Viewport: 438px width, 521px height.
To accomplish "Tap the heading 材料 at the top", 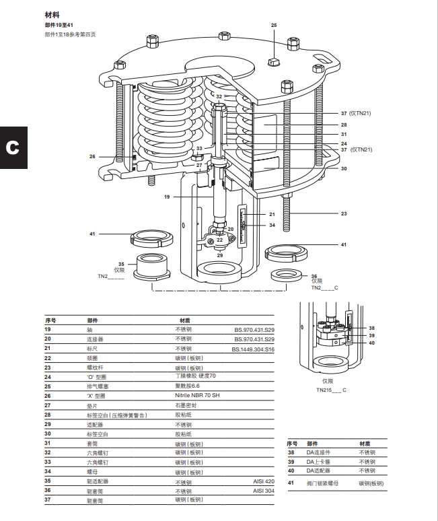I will tap(52, 14).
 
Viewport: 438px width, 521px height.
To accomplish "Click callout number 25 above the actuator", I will tap(274, 25).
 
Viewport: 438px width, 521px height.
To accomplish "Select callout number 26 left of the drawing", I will tap(92, 156).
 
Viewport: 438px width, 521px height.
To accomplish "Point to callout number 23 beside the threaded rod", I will tap(343, 213).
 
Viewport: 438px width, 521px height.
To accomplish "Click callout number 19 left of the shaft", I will tap(167, 197).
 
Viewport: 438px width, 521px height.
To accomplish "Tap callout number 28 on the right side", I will tap(343, 125).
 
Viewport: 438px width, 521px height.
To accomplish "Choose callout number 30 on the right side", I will tap(343, 168).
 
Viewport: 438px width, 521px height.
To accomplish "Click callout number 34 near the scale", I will tap(272, 225).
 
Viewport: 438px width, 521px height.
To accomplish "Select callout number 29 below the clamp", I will tap(219, 256).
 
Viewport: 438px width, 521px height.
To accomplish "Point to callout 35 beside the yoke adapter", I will tap(121, 264).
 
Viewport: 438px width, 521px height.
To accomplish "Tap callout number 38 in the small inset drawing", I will tap(371, 328).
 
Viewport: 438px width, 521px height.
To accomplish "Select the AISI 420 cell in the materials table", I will tap(264, 482).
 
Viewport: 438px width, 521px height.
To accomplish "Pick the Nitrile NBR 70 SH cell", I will tap(197, 395).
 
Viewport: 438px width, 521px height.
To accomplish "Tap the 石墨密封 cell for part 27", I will tap(186, 406).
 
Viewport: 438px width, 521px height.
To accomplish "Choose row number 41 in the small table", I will tap(291, 483).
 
